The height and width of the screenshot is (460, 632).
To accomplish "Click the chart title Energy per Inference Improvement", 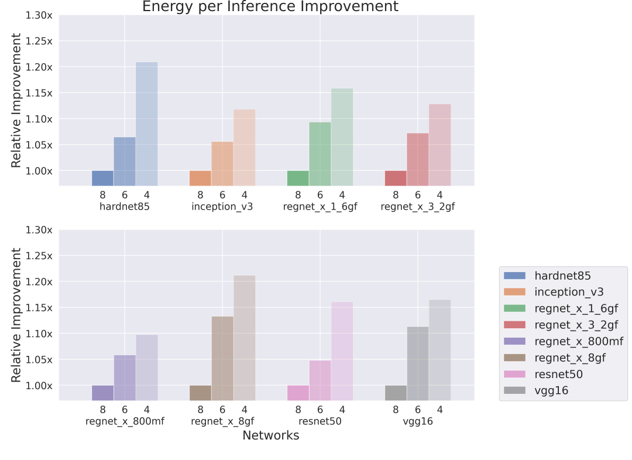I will click(x=270, y=7).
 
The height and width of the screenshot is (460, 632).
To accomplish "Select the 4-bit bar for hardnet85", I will click(x=146, y=124).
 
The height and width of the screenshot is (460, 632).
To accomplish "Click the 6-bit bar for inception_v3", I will click(x=222, y=164).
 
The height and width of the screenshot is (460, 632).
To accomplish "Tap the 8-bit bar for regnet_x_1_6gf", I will click(x=298, y=178).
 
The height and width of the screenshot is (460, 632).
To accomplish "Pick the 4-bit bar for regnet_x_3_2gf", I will click(x=439, y=145).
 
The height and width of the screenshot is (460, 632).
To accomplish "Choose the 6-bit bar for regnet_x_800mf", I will click(x=125, y=377).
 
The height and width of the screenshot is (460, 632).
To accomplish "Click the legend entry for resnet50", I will click(x=558, y=374).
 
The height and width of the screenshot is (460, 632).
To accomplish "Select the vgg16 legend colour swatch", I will click(x=514, y=390).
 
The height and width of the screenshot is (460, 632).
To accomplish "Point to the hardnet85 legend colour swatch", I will click(x=514, y=276).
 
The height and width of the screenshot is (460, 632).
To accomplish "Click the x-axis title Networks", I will click(x=270, y=435).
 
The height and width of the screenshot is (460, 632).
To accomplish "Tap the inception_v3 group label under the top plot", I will click(x=222, y=207).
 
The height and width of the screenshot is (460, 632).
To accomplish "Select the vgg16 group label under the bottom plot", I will click(x=418, y=421).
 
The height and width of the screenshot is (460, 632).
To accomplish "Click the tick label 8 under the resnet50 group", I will click(x=298, y=410).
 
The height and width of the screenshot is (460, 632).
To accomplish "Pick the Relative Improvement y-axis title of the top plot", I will click(x=16, y=100).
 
